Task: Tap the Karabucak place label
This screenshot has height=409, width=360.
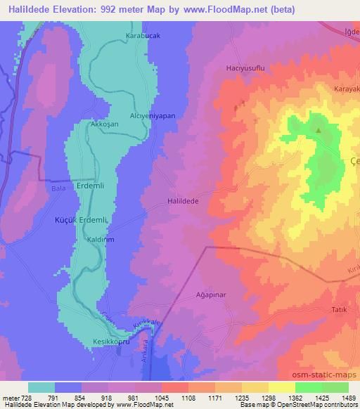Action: tap(143, 35)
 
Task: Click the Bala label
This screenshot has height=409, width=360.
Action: tap(58, 188)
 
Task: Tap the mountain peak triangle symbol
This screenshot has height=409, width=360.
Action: tap(318, 130)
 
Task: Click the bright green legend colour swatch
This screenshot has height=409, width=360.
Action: tap(308, 387)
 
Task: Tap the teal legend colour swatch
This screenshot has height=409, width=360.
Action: tap(41, 387)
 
